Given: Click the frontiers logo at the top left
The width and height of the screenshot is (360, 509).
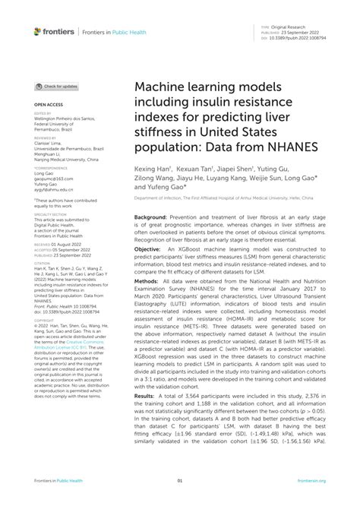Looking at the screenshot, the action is click(55, 31).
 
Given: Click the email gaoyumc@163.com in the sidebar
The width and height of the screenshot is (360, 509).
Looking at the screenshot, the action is click(53, 174).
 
